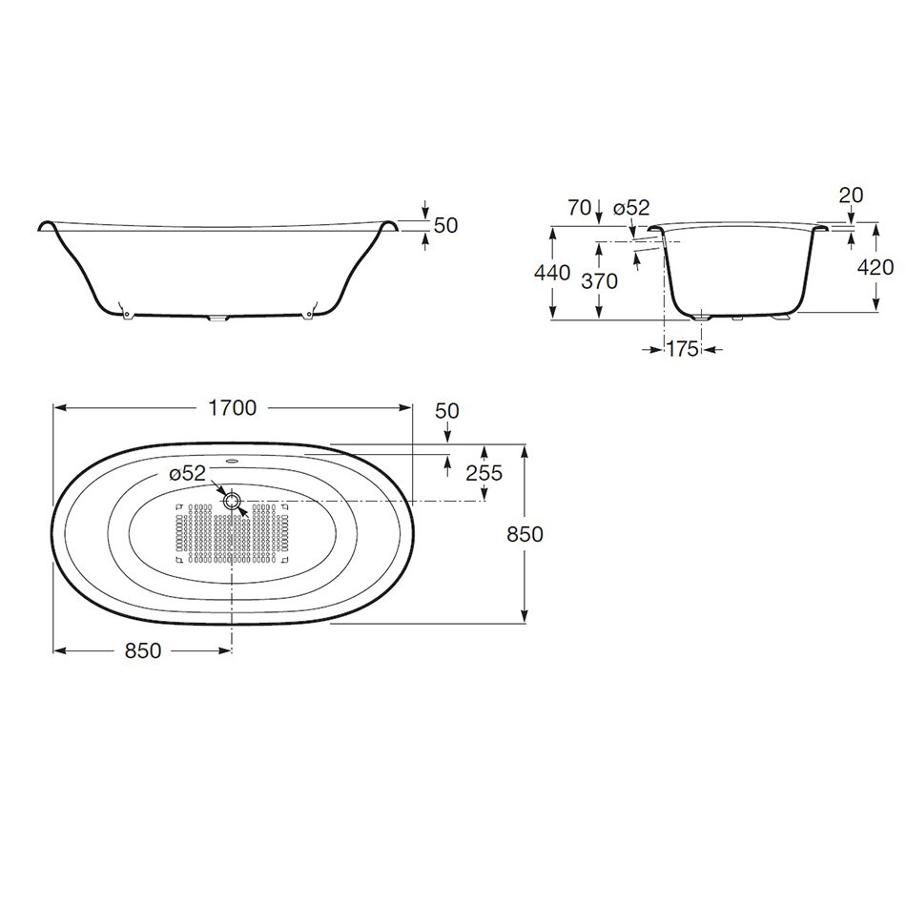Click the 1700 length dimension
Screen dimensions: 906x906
click(x=232, y=408)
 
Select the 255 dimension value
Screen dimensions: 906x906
click(x=484, y=473)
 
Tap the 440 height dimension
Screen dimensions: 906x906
click(x=552, y=272)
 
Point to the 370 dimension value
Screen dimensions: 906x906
click(x=599, y=281)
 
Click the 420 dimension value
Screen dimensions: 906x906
click(x=875, y=267)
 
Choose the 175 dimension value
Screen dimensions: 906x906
click(x=683, y=349)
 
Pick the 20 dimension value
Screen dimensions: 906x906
click(x=851, y=196)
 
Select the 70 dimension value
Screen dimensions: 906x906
click(x=580, y=208)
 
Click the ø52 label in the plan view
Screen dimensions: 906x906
click(x=187, y=473)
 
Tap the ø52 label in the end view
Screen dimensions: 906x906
click(x=631, y=208)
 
